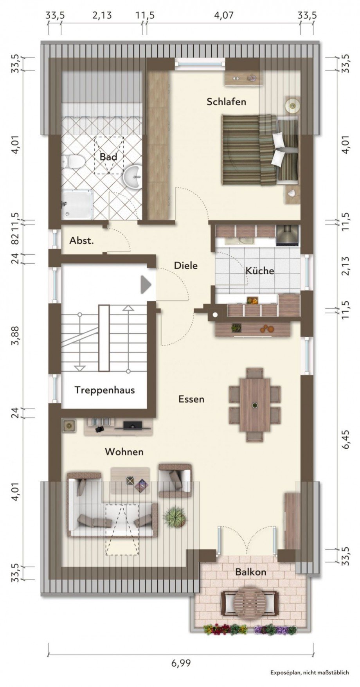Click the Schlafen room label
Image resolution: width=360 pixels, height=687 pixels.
[226, 102]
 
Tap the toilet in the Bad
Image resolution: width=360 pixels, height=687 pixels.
[73, 161]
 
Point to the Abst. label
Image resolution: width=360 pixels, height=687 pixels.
[81, 241]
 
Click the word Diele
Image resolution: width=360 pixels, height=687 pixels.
[185, 265]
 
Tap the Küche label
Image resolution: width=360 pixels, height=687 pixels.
[259, 270]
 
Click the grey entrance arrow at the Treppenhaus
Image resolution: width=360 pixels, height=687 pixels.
[146, 284]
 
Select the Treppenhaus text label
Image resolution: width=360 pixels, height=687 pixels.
[104, 390]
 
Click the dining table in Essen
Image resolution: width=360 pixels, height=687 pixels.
[255, 405]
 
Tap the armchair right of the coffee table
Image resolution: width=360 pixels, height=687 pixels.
[175, 480]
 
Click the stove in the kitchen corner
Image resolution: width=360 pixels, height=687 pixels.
[287, 234]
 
